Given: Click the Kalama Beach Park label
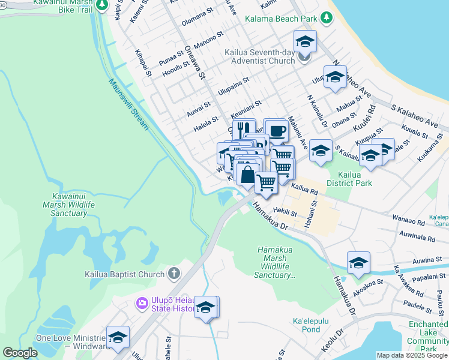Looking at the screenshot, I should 280,19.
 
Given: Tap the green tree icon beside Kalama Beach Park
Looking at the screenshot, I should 327,19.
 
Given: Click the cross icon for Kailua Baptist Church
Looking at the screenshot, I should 173,274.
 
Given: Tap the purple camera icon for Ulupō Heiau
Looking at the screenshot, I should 142,303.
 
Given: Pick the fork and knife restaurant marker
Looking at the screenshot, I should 244,130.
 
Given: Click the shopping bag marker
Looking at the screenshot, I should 247,175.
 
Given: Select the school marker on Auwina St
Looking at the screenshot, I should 358,263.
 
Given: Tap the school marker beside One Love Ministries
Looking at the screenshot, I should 118,337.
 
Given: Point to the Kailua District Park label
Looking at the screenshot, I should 349,179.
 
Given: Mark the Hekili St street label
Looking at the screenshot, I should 285,212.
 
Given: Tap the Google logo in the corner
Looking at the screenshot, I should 20,353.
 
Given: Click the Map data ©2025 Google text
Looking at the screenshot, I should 412,355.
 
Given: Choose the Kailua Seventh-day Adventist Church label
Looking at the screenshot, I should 259,56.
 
